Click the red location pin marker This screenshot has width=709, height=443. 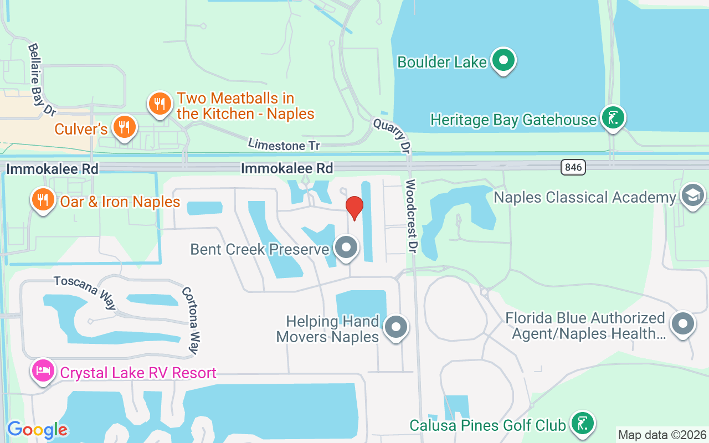tap(354, 207)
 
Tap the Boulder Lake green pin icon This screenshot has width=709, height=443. tap(503, 60)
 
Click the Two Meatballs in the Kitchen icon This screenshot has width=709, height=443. tap(159, 103)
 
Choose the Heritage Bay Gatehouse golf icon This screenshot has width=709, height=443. tap(613, 118)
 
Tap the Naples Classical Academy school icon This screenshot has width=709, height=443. tap(692, 196)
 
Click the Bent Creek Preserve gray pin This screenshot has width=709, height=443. tap(347, 248)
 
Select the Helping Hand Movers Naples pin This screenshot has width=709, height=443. tap(395, 327)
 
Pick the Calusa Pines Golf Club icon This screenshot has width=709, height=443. tap(582, 424)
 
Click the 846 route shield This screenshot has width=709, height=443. tap(573, 167)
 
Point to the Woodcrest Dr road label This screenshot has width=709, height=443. tap(410, 216)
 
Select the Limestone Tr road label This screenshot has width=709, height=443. tap(284, 145)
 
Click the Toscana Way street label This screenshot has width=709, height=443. tap(85, 292)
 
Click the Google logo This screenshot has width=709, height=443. tap(37, 430)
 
